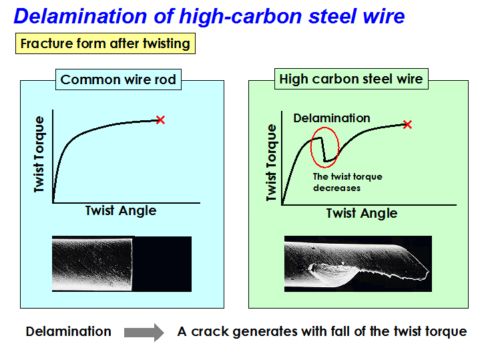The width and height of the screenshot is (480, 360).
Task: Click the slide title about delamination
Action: (x=209, y=16)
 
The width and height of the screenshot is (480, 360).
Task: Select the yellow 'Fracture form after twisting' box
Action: (x=105, y=43)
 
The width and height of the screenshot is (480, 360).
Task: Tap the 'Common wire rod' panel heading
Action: (x=118, y=79)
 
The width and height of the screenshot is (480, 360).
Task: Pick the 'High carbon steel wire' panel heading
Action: (x=351, y=79)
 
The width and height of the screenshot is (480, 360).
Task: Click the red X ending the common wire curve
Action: (x=160, y=120)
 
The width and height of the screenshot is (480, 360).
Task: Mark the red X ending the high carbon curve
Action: (x=407, y=124)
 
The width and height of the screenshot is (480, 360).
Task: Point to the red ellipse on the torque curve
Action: (x=311, y=147)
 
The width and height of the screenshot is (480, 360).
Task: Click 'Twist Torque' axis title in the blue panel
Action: (x=39, y=154)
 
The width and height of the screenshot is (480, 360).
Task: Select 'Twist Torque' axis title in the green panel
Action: (x=271, y=162)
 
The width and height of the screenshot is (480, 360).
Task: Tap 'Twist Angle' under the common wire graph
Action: (x=121, y=211)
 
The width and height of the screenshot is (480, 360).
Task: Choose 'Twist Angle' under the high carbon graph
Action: (x=362, y=213)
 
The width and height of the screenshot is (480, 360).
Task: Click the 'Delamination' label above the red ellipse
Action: (x=332, y=118)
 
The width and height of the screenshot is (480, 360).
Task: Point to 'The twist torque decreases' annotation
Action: (x=347, y=182)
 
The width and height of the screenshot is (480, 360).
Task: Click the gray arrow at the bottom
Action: (x=144, y=333)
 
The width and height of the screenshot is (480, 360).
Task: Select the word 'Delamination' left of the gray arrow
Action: (x=68, y=331)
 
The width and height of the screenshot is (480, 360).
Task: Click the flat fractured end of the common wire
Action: (x=132, y=264)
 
